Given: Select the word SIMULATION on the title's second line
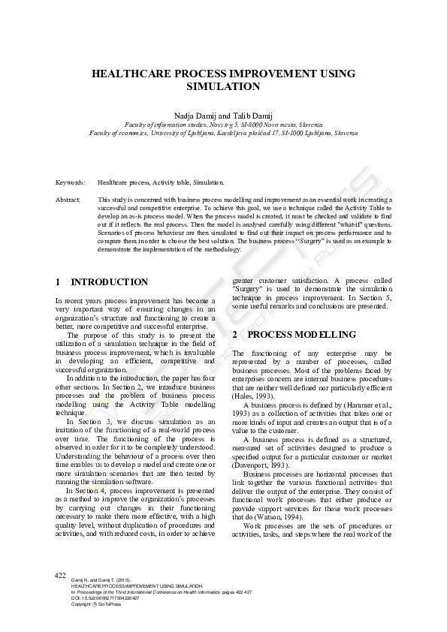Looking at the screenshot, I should point(223,86).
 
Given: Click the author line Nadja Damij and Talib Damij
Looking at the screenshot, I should point(223,115).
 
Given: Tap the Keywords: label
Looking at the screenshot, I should point(70,182).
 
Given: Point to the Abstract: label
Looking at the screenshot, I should point(68,200).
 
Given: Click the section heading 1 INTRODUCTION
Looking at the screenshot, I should point(102,282).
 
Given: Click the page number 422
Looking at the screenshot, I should point(61,575).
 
